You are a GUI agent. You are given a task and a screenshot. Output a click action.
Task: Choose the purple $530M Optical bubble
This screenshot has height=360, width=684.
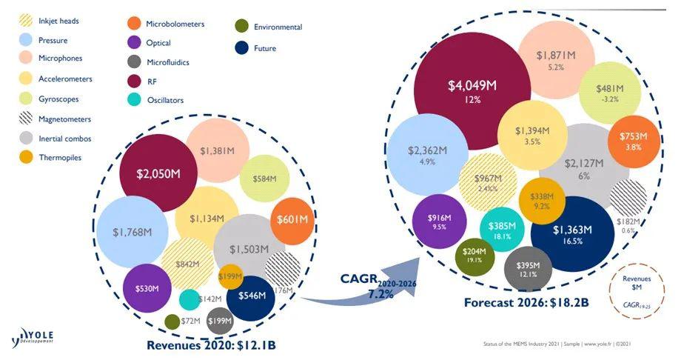coord(148,287)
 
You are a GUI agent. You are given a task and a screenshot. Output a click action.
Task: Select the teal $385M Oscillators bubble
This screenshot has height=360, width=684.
coord(503,230)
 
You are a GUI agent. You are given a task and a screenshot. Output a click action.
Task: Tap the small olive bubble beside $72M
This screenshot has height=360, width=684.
coord(172,321)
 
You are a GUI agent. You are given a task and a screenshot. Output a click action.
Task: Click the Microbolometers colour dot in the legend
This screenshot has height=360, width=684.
coord(134,24)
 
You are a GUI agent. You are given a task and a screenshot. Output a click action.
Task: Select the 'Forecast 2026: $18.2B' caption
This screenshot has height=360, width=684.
coord(527,303)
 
